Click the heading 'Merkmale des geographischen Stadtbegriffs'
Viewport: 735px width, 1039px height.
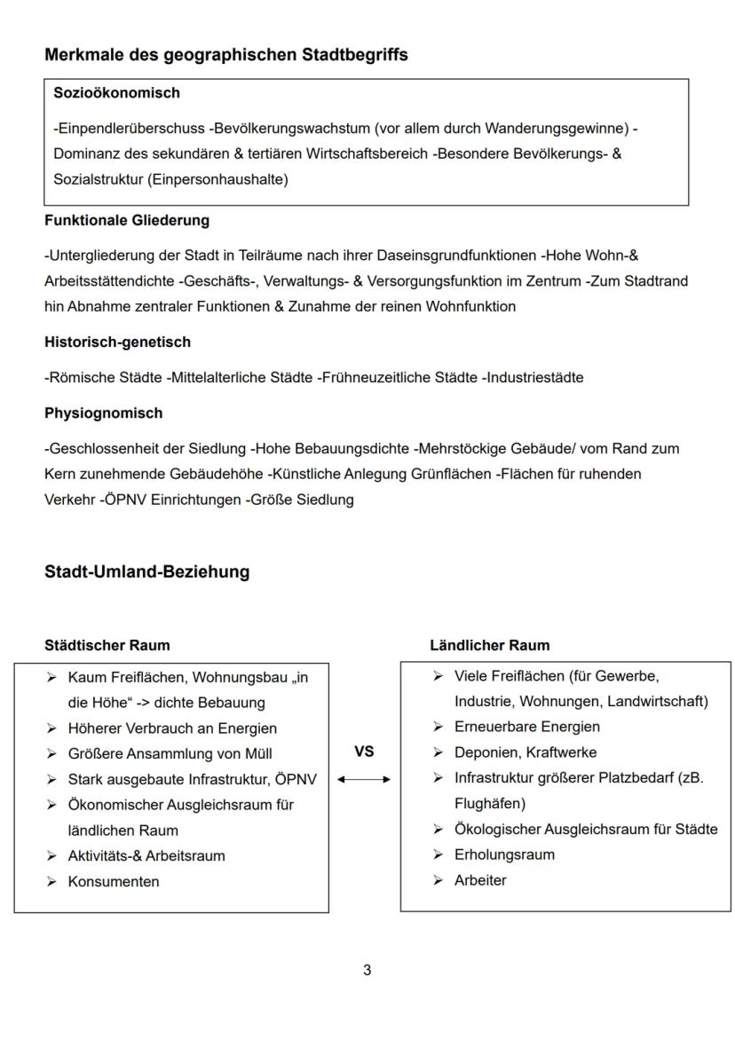[x=226, y=55]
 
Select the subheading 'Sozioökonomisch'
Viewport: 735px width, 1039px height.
[x=116, y=92]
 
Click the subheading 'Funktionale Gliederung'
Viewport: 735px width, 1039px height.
[x=127, y=220]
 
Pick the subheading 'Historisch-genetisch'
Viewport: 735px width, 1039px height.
[x=117, y=342]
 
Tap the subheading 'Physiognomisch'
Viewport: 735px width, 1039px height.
[x=103, y=413]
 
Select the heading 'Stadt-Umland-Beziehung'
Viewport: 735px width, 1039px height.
[x=146, y=572]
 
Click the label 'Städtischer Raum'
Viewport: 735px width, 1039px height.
[x=107, y=645]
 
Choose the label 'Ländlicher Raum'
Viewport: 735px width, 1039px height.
[x=489, y=645]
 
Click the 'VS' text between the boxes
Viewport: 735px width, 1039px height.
[x=364, y=752]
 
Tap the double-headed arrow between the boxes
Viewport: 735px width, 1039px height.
[x=364, y=779]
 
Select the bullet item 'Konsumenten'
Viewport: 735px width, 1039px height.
[x=114, y=881]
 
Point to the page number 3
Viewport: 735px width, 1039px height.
[x=367, y=970]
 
